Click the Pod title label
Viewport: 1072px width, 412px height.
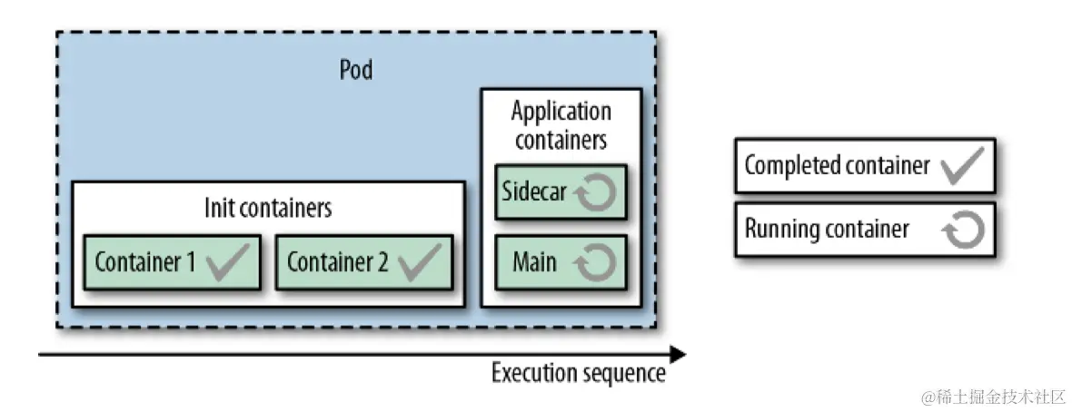(x=355, y=70)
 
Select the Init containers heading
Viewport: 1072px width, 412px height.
(x=268, y=208)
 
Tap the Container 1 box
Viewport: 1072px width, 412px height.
(x=172, y=262)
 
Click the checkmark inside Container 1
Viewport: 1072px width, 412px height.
(x=227, y=261)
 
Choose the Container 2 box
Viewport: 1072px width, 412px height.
(x=363, y=262)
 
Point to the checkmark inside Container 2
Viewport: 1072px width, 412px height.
(x=420, y=261)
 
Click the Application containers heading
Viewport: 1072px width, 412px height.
(x=561, y=126)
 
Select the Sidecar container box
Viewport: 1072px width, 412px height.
(x=561, y=191)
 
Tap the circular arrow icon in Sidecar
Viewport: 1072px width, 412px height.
(x=598, y=191)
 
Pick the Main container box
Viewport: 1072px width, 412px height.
(x=561, y=262)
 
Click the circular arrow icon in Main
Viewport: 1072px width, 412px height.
(x=598, y=262)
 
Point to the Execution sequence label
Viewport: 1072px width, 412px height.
(x=579, y=373)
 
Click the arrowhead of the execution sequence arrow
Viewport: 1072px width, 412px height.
(x=677, y=353)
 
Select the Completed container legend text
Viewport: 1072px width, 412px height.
(x=837, y=165)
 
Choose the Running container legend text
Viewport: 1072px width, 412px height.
(x=826, y=229)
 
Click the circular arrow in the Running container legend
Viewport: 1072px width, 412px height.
(x=963, y=230)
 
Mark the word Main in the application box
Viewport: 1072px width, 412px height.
(x=534, y=262)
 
